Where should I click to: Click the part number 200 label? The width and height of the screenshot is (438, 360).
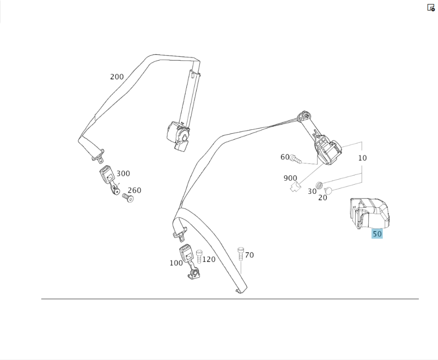(117, 77)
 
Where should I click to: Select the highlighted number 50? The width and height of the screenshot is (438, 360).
(377, 234)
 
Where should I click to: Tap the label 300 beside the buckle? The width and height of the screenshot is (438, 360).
(123, 174)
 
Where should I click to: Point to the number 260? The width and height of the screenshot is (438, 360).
(134, 190)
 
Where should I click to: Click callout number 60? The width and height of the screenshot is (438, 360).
(285, 157)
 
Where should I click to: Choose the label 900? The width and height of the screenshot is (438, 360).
(290, 178)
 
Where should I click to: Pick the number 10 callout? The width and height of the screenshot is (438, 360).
(362, 158)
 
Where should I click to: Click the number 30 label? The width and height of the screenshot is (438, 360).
(312, 191)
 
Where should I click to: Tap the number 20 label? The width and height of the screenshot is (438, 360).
(322, 198)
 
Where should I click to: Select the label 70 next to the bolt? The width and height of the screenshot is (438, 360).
(249, 255)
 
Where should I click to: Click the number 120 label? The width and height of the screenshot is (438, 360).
(208, 259)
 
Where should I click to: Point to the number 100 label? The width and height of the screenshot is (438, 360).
(176, 263)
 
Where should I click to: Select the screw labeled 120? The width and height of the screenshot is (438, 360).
(199, 256)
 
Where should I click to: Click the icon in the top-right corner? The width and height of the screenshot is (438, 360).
(431, 7)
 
